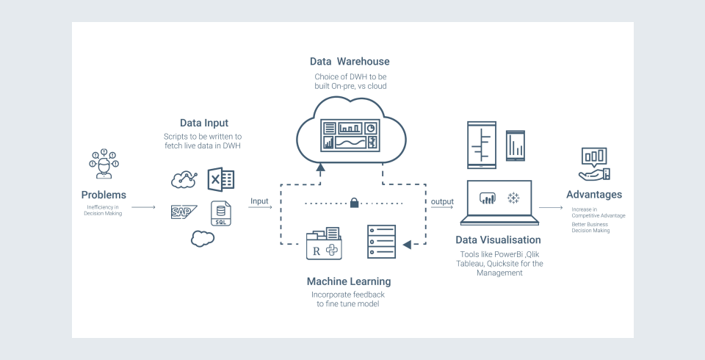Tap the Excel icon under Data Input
click(220, 180)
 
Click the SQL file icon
click(220, 214)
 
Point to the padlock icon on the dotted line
click(354, 202)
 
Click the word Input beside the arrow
click(259, 201)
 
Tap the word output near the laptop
click(442, 201)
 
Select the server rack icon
click(381, 241)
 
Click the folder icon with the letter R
click(324, 243)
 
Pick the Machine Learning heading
click(349, 281)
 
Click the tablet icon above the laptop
click(483, 144)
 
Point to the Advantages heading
click(594, 195)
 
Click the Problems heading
click(104, 195)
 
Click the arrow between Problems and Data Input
click(144, 208)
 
